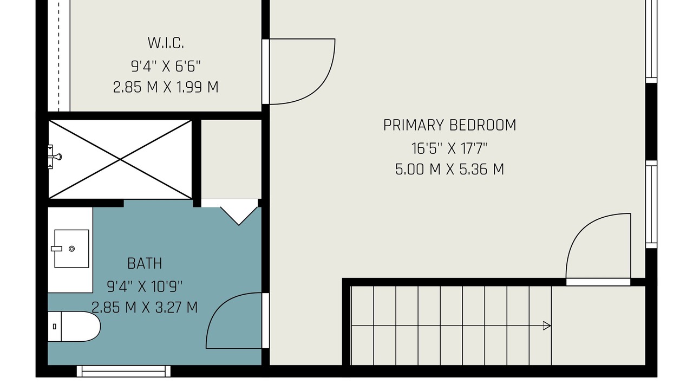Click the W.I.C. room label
pyautogui.click(x=166, y=43)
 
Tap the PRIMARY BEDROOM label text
pyautogui.click(x=450, y=125)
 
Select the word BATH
pyautogui.click(x=145, y=264)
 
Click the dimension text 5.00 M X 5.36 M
pyautogui.click(x=450, y=170)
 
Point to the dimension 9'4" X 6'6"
pyautogui.click(x=166, y=66)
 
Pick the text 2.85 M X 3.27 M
pyautogui.click(x=145, y=308)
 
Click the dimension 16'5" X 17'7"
pyautogui.click(x=450, y=148)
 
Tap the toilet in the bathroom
pyautogui.click(x=74, y=327)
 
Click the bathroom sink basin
pyautogui.click(x=71, y=249)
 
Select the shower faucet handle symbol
pyautogui.click(x=55, y=157)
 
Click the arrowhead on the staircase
pyautogui.click(x=547, y=326)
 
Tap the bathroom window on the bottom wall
pyautogui.click(x=123, y=371)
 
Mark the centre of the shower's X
pyautogui.click(x=120, y=159)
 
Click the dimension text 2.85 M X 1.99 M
pyautogui.click(x=166, y=87)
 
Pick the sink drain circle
pyautogui.click(x=72, y=249)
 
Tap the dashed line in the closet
pyautogui.click(x=59, y=56)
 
